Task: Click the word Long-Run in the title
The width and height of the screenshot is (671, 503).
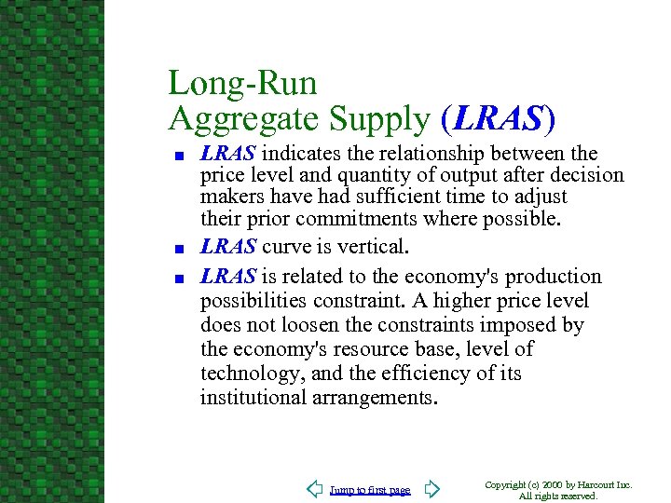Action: coord(242,84)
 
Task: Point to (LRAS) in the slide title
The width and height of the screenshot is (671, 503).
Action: coord(499,118)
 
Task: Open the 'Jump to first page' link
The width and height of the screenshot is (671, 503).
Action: coord(370,490)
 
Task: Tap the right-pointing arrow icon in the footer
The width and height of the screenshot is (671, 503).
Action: coord(430,488)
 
